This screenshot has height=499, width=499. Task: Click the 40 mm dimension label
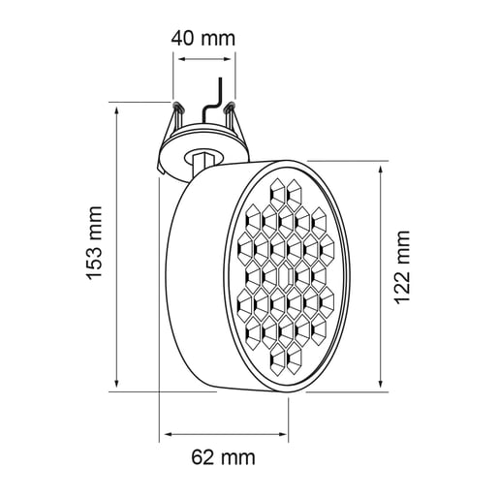203,39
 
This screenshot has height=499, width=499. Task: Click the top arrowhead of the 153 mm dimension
119,106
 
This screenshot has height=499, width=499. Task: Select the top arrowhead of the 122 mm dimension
380,164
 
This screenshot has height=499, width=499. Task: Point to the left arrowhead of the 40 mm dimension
177,57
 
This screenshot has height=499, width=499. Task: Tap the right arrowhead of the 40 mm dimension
233,57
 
